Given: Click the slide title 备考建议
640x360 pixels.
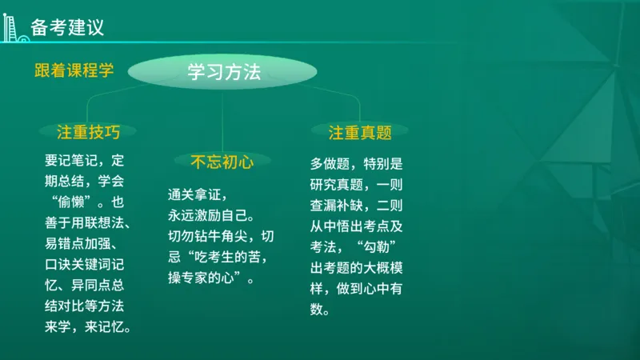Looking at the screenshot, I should coord(67,28).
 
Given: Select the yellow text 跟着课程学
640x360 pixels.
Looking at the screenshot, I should coord(74,70).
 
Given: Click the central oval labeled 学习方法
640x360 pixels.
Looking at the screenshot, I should coord(224,72).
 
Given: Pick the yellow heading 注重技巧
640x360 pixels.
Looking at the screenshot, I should coord(88,132).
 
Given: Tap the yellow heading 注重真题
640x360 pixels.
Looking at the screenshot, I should coord(359,132).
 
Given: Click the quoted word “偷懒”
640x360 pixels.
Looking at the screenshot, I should coord(71,201).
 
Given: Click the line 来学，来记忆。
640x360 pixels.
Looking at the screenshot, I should coord(88,327).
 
